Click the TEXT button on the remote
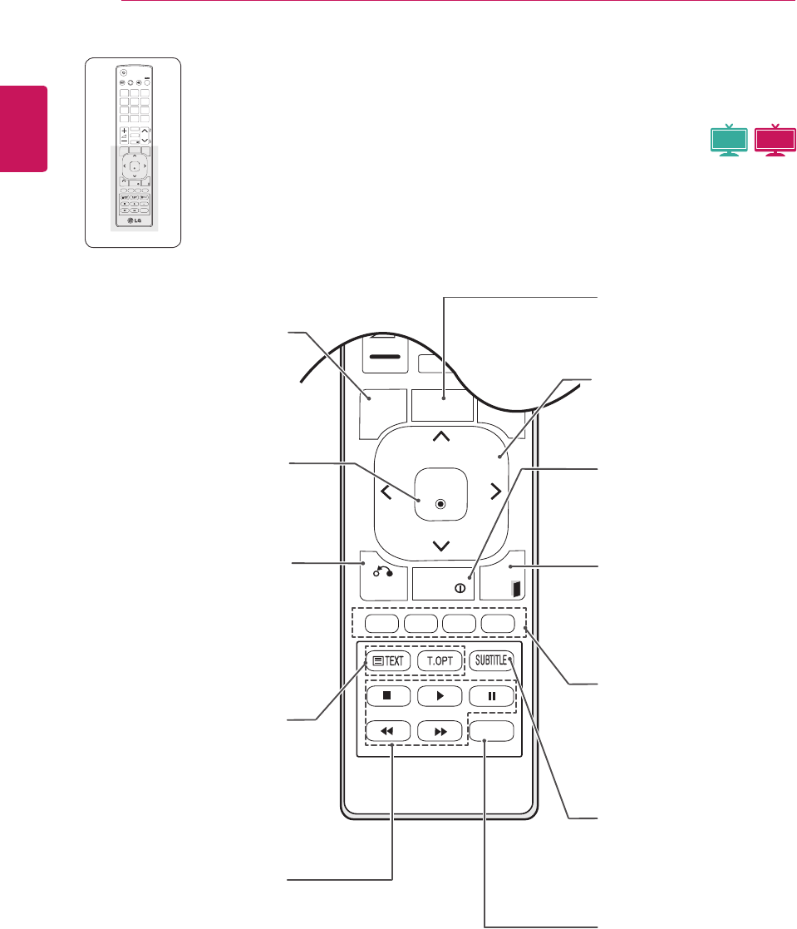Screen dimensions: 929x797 tap(389, 662)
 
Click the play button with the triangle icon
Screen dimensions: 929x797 tap(440, 696)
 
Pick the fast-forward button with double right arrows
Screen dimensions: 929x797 tap(440, 732)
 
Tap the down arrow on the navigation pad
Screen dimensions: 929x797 tap(440, 546)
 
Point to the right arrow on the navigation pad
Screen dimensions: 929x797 tap(495, 492)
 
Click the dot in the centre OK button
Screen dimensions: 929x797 tap(440, 503)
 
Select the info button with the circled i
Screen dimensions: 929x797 tap(458, 586)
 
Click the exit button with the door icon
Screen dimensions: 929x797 tap(514, 587)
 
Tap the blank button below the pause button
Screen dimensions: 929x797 tap(491, 731)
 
